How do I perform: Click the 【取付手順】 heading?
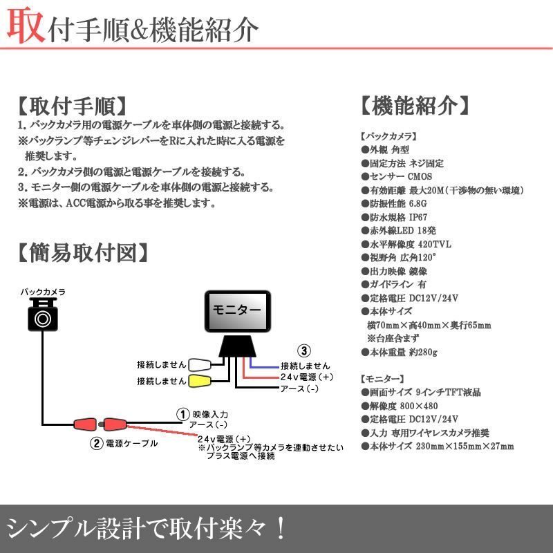[73, 106]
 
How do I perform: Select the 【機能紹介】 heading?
[415, 106]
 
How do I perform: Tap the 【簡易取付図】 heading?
[82, 252]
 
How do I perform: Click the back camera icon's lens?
[44, 319]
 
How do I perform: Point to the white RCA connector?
[201, 364]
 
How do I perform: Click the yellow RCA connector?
[201, 380]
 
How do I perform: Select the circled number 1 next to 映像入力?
[182, 413]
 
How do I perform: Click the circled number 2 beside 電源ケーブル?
[97, 443]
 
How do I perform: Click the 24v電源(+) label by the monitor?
[307, 377]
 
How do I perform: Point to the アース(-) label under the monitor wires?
[299, 389]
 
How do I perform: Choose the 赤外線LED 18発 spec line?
[398, 229]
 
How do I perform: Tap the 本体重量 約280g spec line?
[400, 352]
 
